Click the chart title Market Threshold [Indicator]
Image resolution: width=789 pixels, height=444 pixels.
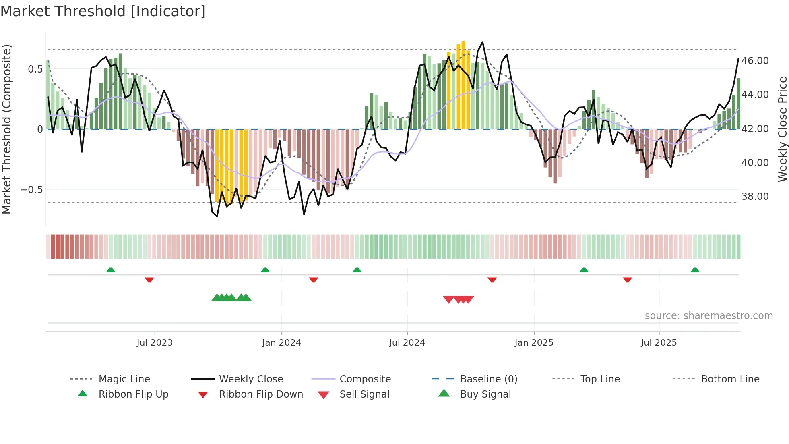103,11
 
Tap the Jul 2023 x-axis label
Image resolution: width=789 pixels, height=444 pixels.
155,343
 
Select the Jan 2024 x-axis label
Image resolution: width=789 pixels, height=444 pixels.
281,343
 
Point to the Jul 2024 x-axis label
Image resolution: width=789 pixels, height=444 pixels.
407,343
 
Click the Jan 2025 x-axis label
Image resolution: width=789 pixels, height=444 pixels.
534,343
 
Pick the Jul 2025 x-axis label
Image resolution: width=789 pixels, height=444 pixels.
659,343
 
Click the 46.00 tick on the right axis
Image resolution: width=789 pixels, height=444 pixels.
755,61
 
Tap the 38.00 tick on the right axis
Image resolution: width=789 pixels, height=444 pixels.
755,197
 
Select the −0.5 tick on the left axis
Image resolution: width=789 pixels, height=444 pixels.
32,190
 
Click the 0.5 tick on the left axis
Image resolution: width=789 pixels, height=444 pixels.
35,69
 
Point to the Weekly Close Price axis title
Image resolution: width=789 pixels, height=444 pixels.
782,129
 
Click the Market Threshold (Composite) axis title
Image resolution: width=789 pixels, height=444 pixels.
7,129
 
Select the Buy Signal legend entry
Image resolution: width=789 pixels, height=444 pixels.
485,394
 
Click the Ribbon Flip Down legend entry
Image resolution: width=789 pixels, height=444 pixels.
261,394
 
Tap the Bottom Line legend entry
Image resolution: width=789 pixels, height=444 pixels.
730,379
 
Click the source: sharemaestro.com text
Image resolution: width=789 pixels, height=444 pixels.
708,316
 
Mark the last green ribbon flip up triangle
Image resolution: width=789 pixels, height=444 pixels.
695,270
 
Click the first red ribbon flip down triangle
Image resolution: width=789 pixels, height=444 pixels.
149,280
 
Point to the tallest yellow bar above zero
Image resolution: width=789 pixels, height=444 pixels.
463,85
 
